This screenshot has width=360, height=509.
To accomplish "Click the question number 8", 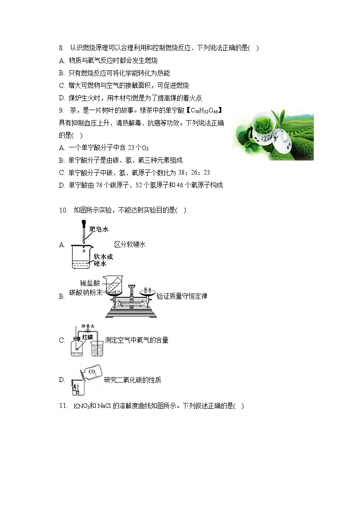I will click(x=61, y=48).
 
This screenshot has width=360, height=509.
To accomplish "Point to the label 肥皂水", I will click(x=99, y=230).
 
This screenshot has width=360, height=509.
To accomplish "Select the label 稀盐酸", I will click(x=90, y=283).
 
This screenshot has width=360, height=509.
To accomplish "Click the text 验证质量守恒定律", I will click(x=182, y=296).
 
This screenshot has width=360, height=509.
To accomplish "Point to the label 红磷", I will click(x=88, y=337).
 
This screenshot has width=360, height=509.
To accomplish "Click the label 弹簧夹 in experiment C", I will click(x=87, y=326).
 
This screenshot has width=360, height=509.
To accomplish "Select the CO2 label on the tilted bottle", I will click(x=92, y=372).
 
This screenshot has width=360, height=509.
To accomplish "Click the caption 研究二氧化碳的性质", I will click(x=132, y=380).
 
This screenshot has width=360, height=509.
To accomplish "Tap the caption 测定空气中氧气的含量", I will click(x=136, y=340).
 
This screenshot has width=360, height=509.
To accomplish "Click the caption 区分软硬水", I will click(x=130, y=244).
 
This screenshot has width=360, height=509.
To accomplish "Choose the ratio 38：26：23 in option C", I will click(x=193, y=172).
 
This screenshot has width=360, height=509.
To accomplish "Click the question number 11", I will click(x=63, y=406).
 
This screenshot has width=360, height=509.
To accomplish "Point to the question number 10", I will click(x=63, y=210).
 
